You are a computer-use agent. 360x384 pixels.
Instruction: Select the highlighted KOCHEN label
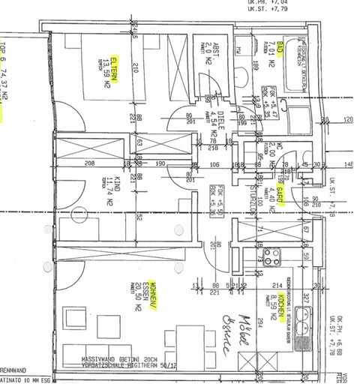[x=280, y=305]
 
